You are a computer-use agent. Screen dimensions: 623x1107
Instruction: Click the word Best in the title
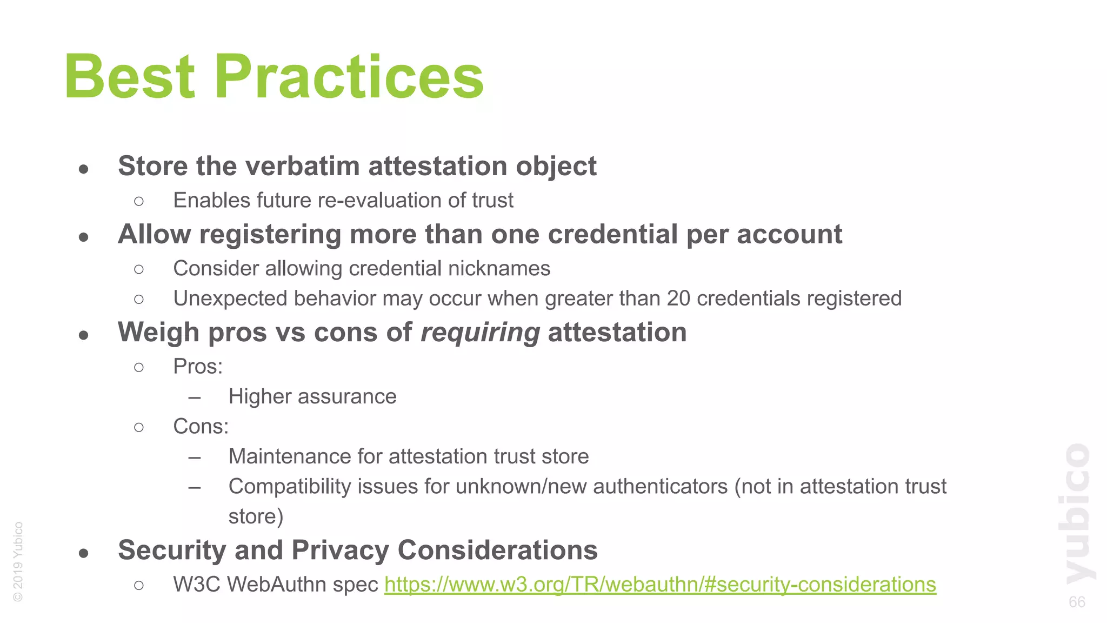[129, 77]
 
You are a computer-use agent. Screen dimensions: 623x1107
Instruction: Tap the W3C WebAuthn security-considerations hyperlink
[660, 585]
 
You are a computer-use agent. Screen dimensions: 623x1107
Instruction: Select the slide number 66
[1077, 602]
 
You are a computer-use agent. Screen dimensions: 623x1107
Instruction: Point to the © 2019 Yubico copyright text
[18, 561]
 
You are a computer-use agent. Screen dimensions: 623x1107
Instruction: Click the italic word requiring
[480, 332]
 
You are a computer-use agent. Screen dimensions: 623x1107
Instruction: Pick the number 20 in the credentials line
[678, 299]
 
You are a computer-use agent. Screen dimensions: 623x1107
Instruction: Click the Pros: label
[198, 367]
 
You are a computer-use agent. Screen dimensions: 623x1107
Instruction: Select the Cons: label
[201, 427]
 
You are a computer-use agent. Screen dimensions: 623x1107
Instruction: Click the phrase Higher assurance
[312, 397]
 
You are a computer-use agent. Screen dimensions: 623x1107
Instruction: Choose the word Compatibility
[290, 487]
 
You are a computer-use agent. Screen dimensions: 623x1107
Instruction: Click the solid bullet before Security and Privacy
[83, 553]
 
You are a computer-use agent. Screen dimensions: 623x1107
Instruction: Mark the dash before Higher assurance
[195, 398]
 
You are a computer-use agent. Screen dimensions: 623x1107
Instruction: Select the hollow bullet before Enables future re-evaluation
[139, 202]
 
